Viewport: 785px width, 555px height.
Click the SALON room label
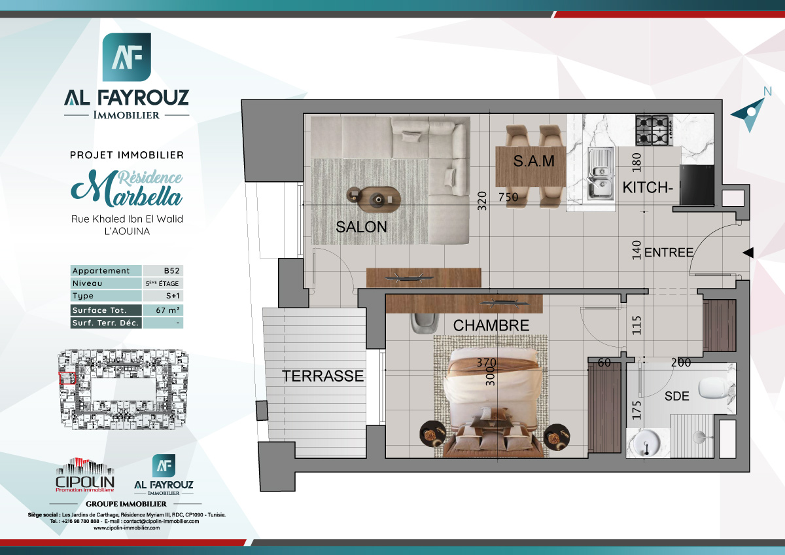(x=361, y=227)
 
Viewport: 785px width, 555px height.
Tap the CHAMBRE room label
(x=491, y=325)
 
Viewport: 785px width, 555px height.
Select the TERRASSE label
(x=323, y=376)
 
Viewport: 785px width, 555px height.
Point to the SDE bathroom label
(x=676, y=396)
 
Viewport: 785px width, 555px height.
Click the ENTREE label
(x=668, y=252)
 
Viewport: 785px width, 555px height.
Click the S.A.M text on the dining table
(x=533, y=160)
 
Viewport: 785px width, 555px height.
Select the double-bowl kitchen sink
(x=600, y=173)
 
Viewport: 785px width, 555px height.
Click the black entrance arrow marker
(x=748, y=253)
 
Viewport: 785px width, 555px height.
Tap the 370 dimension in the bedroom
(x=487, y=362)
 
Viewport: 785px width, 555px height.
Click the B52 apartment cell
(x=163, y=271)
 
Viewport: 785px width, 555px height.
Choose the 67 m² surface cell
(x=163, y=310)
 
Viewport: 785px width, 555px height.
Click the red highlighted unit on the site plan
(x=67, y=378)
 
